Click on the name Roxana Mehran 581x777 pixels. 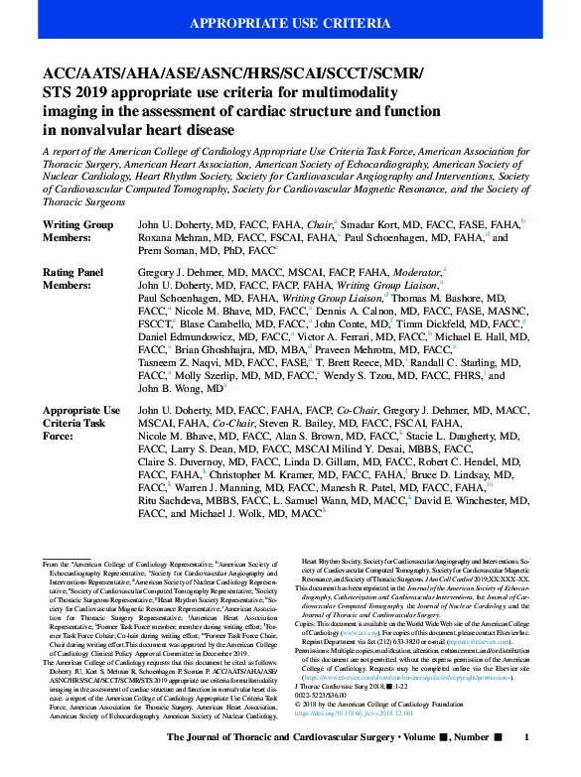point(167,238)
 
